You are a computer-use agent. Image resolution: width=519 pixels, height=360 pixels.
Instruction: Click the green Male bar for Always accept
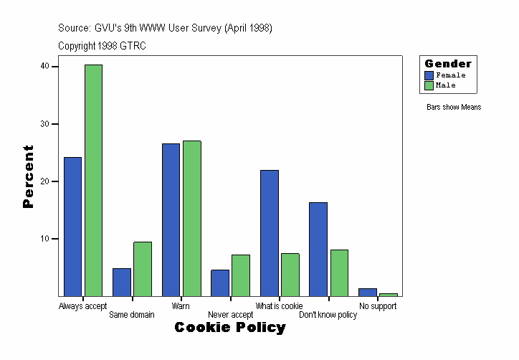click(x=93, y=180)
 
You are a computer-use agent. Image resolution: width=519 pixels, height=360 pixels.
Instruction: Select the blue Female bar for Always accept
click(x=72, y=226)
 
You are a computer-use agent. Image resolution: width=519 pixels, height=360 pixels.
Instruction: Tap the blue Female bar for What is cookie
click(x=269, y=232)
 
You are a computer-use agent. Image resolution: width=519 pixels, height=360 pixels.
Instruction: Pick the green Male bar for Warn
click(x=191, y=218)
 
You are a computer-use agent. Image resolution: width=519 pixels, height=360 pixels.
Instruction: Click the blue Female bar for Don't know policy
click(x=318, y=249)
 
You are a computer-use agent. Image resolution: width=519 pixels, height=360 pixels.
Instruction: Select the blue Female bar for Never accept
click(x=219, y=283)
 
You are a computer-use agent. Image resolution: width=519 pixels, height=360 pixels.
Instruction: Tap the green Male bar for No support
click(x=388, y=294)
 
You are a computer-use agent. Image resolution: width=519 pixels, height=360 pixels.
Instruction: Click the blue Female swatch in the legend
click(x=429, y=75)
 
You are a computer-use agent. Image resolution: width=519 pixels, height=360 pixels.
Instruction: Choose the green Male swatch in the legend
click(x=429, y=85)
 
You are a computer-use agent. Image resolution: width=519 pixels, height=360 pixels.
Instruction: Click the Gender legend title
click(x=448, y=64)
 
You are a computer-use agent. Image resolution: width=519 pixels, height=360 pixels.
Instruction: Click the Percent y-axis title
click(x=28, y=176)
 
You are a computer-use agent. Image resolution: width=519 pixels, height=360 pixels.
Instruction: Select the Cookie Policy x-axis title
click(x=230, y=328)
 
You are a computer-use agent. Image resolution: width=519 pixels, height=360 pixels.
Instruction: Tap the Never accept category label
click(x=230, y=315)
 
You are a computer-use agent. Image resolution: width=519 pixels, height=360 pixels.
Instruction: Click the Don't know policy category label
click(x=328, y=315)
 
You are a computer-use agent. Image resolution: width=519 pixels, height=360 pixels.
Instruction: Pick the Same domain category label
click(x=131, y=315)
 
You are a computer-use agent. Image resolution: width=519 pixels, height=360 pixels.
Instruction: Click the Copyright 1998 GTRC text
click(x=102, y=45)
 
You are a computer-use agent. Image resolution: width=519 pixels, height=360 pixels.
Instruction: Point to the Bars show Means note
click(x=453, y=108)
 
